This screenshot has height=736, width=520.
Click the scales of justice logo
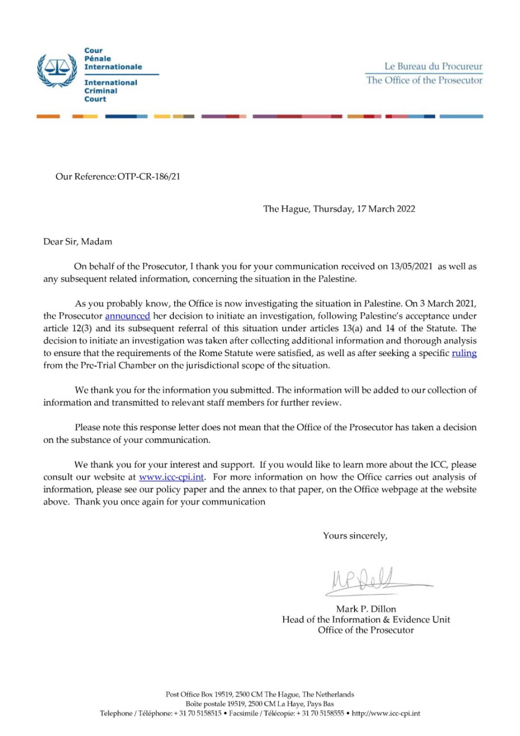[x=57, y=70]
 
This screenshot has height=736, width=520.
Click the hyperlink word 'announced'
[x=127, y=316]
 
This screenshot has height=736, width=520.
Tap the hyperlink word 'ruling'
[x=464, y=353]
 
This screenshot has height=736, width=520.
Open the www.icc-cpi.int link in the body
[x=171, y=477]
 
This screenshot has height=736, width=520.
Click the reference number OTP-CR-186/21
[x=149, y=177]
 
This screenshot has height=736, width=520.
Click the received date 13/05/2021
[x=411, y=267]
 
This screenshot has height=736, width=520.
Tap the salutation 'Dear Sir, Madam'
[x=78, y=242]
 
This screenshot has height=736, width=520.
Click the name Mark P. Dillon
[x=366, y=609]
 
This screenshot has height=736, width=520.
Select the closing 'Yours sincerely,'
[x=355, y=536]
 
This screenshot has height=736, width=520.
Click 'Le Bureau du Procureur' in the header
[x=433, y=66]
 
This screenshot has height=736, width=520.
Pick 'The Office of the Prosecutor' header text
[x=424, y=80]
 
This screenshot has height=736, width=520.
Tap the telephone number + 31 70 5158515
[x=198, y=713]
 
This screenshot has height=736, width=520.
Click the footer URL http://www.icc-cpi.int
[x=386, y=713]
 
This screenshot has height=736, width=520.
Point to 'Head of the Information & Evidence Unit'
[x=366, y=620]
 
